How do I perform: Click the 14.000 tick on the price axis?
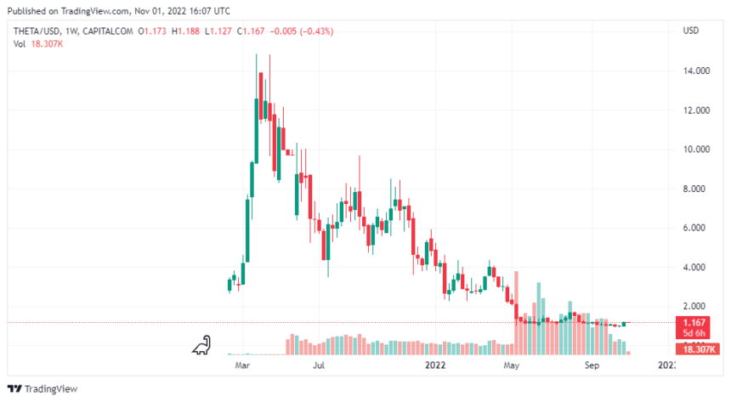click(697, 71)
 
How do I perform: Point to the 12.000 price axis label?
click(697, 110)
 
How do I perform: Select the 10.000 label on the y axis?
click(697, 150)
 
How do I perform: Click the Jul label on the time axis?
click(319, 365)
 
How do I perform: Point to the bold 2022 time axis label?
click(435, 365)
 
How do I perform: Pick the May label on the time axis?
click(511, 365)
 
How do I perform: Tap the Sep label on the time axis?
click(592, 365)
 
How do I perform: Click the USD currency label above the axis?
click(691, 31)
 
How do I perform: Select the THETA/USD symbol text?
click(39, 31)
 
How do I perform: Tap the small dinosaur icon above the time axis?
click(201, 344)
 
